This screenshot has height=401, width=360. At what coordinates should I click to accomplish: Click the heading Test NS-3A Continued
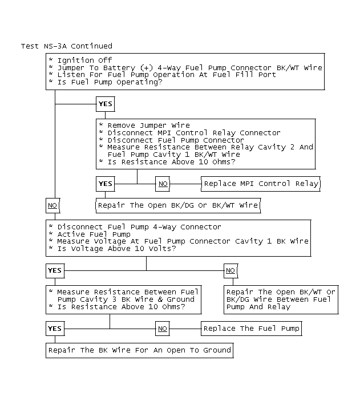point(67,46)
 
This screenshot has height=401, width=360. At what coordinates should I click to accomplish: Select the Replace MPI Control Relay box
point(261,184)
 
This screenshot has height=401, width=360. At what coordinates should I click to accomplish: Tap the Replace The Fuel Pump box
point(251,329)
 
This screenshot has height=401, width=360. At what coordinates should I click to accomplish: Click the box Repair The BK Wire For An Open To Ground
point(139,350)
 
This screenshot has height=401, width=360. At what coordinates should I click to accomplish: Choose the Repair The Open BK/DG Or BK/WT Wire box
point(177,205)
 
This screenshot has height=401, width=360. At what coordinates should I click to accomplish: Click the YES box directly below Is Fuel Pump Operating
point(106,104)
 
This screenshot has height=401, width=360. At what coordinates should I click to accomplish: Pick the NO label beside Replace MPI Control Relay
point(163,184)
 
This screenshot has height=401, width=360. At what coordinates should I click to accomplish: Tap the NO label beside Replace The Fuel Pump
point(163,329)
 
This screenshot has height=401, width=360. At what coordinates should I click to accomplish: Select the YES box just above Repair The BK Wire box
point(55,329)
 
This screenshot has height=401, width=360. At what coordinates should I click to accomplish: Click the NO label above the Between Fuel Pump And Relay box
point(230,270)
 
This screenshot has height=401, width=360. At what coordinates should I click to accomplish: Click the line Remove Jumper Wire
point(148,125)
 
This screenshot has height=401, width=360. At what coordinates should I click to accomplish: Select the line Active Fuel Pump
point(94,234)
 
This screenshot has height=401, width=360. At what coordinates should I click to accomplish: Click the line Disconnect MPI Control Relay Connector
point(193,132)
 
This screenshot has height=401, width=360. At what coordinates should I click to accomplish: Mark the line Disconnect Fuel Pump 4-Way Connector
point(139,226)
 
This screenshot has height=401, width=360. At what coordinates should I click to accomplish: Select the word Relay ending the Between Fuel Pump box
point(279,306)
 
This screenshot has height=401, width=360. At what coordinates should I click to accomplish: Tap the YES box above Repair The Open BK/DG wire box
point(106,184)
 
